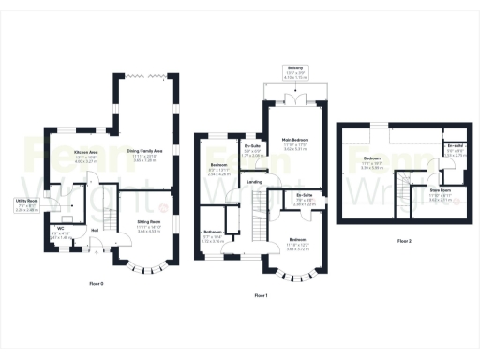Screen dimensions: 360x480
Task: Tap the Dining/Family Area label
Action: pos(144,150)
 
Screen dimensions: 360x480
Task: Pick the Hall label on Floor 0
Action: pos(95,230)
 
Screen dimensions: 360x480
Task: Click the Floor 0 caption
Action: pos(97,282)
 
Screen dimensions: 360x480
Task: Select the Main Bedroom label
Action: pos(295,140)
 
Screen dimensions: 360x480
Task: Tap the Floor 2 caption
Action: pos(404,241)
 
